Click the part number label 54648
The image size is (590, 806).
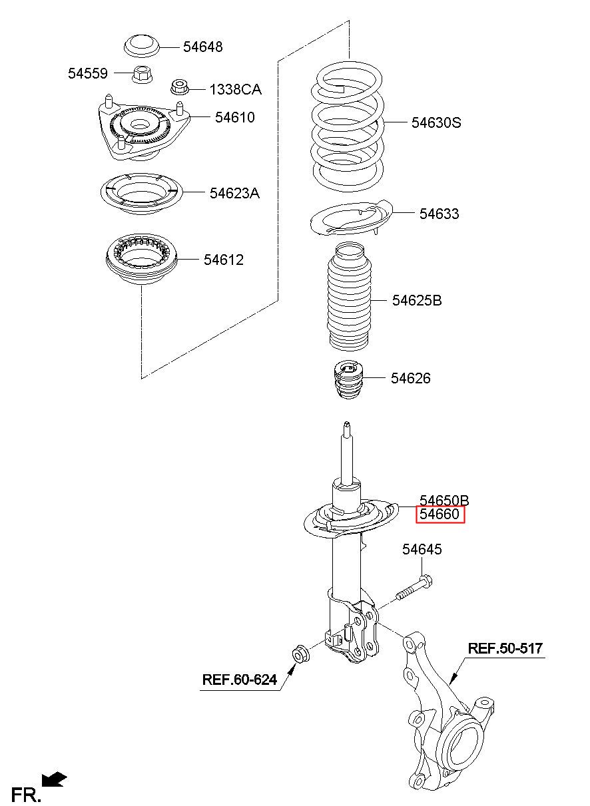point(202,47)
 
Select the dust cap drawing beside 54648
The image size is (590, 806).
point(141,46)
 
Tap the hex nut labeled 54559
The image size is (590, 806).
point(142,74)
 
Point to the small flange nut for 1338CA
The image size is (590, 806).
point(179,87)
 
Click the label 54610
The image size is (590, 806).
point(234,117)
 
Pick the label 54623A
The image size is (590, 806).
point(234,193)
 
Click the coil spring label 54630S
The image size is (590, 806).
point(436,122)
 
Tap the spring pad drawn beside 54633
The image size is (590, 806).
point(352,218)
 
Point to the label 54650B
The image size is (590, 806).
point(445,500)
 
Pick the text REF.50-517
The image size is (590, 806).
point(505,648)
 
